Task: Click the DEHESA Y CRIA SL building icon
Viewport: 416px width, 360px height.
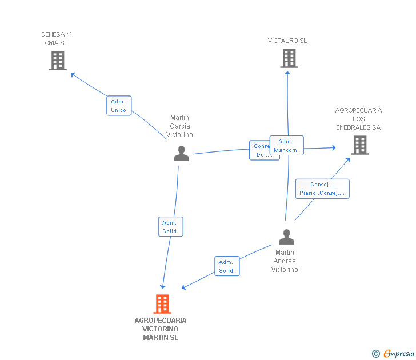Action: pyautogui.click(x=58, y=60)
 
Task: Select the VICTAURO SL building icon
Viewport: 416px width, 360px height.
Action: pyautogui.click(x=289, y=58)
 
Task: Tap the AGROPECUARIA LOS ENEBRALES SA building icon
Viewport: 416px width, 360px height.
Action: pyautogui.click(x=360, y=145)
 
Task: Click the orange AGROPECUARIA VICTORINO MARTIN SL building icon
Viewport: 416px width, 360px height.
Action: pyautogui.click(x=162, y=304)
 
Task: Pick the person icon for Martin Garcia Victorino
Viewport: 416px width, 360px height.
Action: pyautogui.click(x=181, y=154)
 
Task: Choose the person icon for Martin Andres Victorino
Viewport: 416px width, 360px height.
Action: pyautogui.click(x=286, y=237)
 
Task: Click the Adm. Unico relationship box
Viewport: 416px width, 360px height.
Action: pyautogui.click(x=119, y=106)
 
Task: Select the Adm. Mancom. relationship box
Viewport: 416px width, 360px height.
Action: pyautogui.click(x=286, y=146)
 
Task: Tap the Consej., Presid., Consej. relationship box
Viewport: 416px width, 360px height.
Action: pyautogui.click(x=322, y=189)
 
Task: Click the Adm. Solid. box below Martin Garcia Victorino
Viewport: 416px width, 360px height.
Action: pyautogui.click(x=170, y=227)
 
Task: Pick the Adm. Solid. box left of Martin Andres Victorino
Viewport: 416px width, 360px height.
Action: pyautogui.click(x=227, y=266)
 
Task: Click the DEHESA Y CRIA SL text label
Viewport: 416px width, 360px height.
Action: pyautogui.click(x=56, y=38)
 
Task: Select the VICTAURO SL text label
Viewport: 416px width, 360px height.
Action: pyautogui.click(x=287, y=41)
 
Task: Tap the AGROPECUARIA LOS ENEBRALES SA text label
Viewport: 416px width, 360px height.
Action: pyautogui.click(x=358, y=119)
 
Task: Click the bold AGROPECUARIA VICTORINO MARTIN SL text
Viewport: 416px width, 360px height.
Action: pyautogui.click(x=161, y=329)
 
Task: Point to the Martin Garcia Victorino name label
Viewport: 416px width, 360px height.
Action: pyautogui.click(x=179, y=126)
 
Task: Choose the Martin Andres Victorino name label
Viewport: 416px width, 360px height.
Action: pyautogui.click(x=285, y=261)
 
